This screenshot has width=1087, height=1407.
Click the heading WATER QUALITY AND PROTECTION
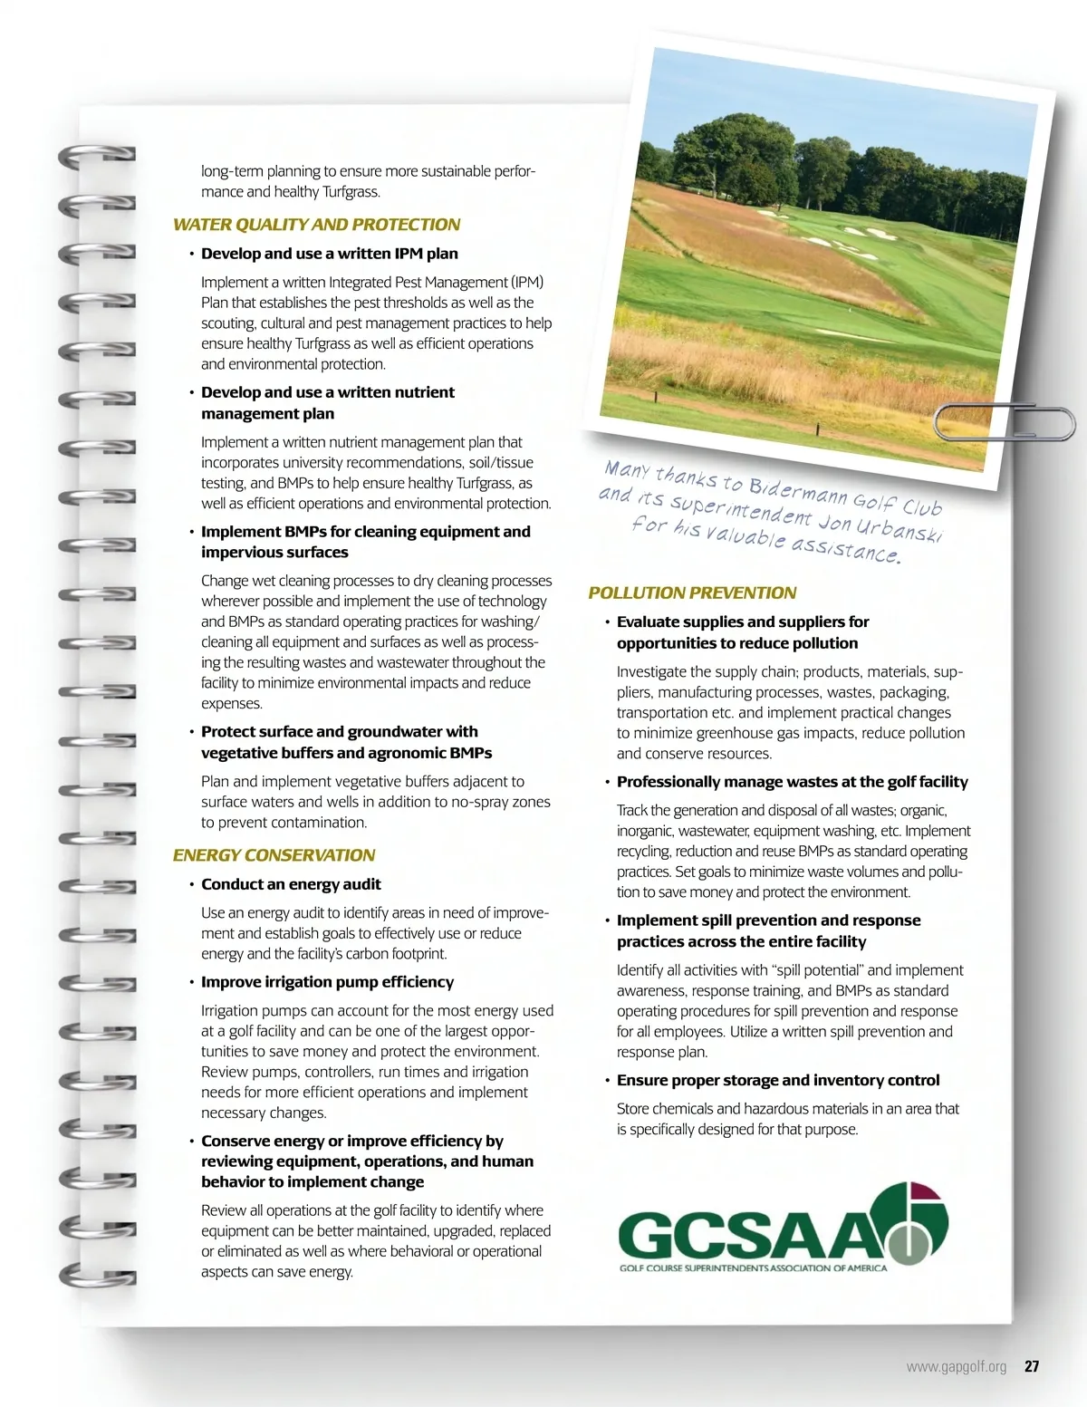[316, 225]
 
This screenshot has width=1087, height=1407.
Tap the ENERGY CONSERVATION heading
[274, 855]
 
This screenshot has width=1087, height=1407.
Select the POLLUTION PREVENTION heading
[692, 593]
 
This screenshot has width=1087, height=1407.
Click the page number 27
[1032, 1366]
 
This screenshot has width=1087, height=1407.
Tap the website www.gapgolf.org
[956, 1366]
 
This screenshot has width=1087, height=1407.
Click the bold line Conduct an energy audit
[291, 884]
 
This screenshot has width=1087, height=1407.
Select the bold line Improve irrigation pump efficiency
[327, 982]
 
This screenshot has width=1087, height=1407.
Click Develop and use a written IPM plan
[329, 254]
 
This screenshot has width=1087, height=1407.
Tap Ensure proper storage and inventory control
[777, 1080]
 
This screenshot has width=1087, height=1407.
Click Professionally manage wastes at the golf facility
[792, 782]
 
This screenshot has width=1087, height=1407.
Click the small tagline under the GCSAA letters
[753, 1268]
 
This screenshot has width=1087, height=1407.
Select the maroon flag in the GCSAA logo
[925, 1192]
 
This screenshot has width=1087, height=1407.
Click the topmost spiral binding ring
[97, 156]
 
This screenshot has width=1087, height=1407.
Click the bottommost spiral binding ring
[97, 1276]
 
